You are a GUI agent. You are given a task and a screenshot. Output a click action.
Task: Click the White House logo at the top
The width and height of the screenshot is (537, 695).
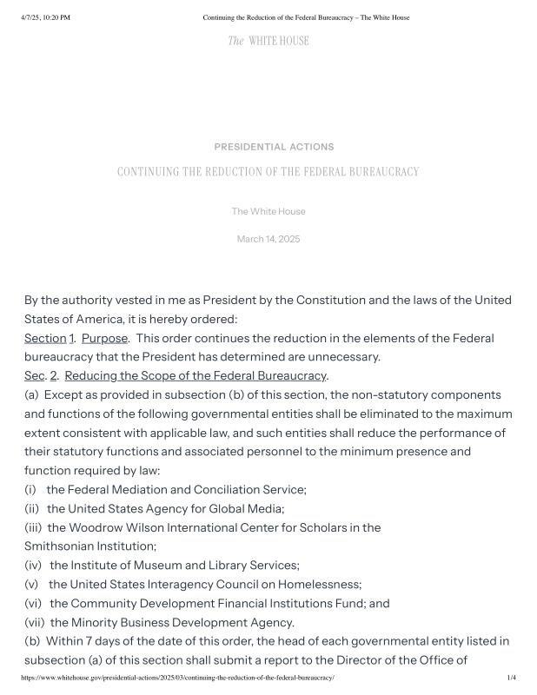268,41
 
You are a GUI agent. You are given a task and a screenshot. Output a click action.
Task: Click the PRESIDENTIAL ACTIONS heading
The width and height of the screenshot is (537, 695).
274,147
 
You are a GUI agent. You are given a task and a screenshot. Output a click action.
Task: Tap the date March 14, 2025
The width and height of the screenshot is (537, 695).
268,239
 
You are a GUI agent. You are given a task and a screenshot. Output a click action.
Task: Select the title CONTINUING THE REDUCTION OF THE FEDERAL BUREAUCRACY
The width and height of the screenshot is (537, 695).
268,172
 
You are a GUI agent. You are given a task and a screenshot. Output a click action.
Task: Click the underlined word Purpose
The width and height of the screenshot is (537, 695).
104,338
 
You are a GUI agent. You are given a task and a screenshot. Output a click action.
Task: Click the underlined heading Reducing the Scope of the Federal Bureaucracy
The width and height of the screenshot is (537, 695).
196,376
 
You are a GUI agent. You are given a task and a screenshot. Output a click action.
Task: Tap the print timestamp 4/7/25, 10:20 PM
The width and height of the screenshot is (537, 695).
44,17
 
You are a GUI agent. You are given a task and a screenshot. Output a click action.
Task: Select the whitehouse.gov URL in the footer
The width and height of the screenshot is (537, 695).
177,677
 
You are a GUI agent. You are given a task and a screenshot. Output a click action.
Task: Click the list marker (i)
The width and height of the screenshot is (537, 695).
30,489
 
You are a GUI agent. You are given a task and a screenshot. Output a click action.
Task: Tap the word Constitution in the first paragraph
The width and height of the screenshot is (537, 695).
330,301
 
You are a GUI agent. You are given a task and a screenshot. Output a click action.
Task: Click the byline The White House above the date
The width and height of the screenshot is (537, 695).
268,211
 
